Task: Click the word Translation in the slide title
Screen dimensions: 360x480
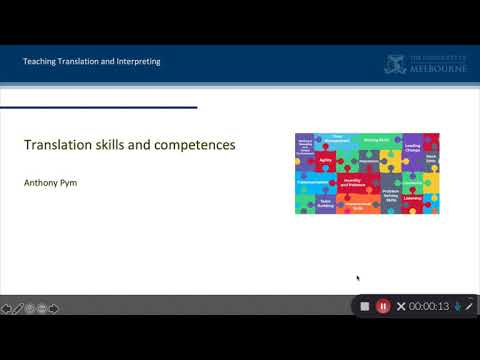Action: [55, 145]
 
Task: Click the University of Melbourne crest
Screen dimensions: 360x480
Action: [396, 64]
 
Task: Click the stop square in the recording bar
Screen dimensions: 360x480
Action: [365, 306]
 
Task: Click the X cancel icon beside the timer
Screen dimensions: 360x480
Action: [401, 306]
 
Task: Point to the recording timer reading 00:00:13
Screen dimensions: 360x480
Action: [429, 306]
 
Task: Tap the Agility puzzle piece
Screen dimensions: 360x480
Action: [326, 160]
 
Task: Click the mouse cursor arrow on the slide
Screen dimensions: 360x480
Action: [357, 278]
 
